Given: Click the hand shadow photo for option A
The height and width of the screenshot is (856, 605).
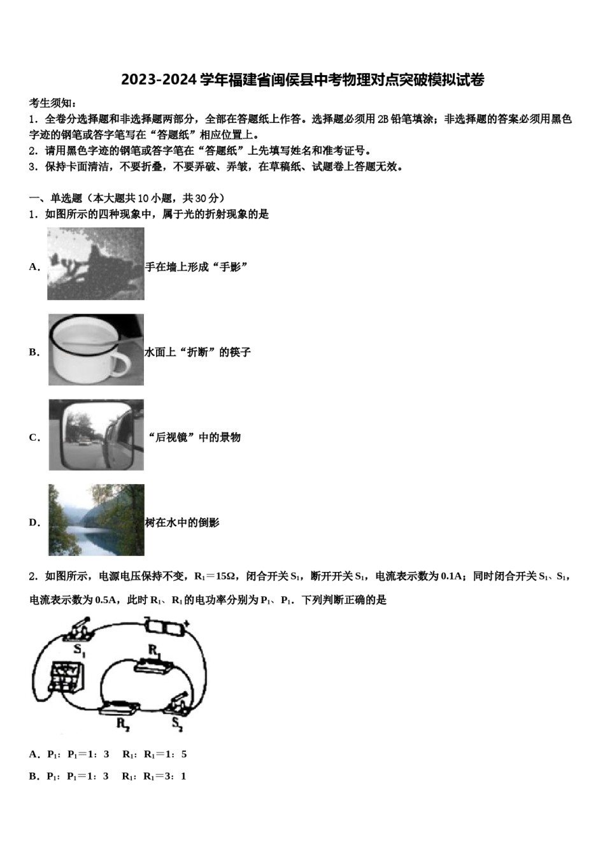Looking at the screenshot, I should (96, 264).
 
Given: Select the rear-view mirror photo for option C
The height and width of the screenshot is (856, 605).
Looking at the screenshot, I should (96, 435).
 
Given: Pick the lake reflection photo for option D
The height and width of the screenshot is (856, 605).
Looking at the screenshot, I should (96, 520).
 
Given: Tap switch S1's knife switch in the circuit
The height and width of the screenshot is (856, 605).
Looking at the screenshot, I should (78, 630).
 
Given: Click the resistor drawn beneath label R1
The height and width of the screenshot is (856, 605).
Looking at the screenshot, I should (153, 666).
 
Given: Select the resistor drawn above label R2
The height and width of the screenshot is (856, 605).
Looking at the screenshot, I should (120, 708).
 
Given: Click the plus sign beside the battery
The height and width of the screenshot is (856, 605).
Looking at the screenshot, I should (187, 623).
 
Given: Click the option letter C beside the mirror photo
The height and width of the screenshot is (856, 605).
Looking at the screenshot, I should (34, 438).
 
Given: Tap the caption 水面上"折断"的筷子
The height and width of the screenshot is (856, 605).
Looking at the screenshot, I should (198, 352).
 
